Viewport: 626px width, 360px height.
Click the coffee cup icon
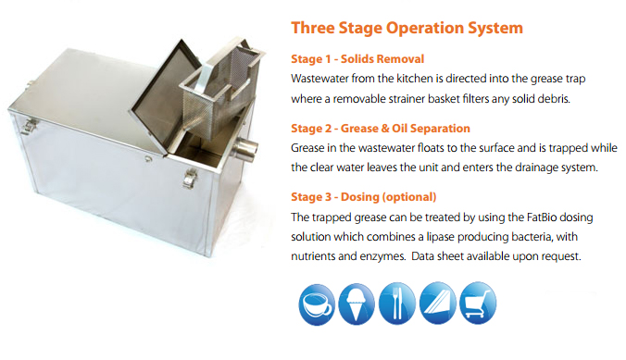coord(317,304)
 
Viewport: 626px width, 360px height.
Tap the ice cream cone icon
coord(357,304)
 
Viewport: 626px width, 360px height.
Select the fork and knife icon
coord(397,304)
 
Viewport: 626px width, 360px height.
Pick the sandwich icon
coord(438,303)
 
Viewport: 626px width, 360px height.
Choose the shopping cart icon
coord(478,303)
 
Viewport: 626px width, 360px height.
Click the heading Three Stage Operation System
coord(407,28)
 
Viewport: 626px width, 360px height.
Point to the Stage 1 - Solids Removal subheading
coord(357,59)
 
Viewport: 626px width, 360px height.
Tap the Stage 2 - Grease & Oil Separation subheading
coord(381,128)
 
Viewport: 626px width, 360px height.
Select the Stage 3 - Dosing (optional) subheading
coord(364,197)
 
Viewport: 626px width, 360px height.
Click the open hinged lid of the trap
coord(165,96)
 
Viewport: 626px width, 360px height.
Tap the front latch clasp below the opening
coord(191,178)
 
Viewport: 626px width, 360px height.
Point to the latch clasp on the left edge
coord(29,125)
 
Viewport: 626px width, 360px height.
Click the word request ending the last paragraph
coord(560,256)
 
